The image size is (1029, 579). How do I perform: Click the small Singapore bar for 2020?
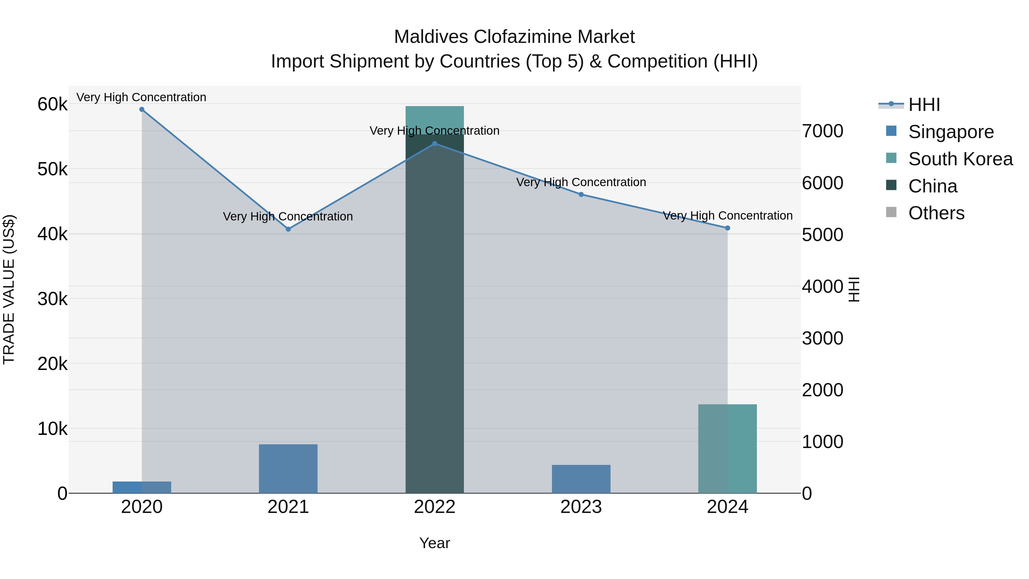142,487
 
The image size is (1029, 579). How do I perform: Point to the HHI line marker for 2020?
142,110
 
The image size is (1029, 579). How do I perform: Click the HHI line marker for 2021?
288,229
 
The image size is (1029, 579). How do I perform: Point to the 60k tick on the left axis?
52,105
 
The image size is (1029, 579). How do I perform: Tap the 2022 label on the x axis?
434,507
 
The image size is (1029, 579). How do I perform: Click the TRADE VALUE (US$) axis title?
9,289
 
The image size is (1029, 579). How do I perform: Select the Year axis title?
434,543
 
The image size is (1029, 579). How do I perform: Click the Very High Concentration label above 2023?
581,182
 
